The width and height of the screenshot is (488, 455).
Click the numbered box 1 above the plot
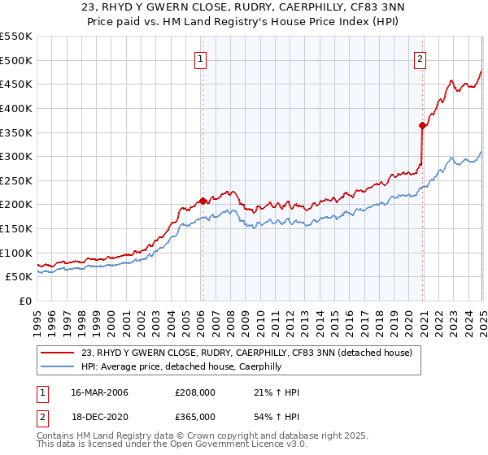(x=200, y=58)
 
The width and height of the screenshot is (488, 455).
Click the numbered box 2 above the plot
(x=420, y=58)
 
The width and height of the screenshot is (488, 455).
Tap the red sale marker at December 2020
(x=422, y=125)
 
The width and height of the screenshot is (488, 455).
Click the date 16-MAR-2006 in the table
(x=99, y=392)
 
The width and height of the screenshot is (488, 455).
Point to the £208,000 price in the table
(x=195, y=392)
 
